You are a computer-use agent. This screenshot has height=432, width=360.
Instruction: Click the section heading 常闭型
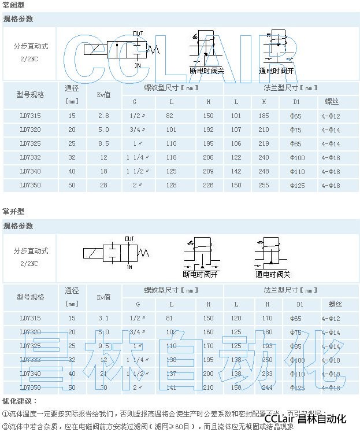pyautogui.click(x=13, y=5)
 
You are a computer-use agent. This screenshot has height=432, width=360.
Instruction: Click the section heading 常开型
pyautogui.click(x=13, y=212)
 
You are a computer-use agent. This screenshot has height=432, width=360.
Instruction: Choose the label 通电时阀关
pyautogui.click(x=273, y=275)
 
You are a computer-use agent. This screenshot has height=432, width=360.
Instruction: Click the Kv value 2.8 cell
pyautogui.click(x=103, y=116)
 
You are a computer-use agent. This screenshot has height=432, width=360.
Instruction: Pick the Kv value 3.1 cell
pyautogui.click(x=103, y=318)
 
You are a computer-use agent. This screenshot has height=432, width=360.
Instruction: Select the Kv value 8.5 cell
pyautogui.click(x=103, y=143)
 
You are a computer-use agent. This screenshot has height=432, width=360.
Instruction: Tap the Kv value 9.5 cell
pyautogui.click(x=103, y=346)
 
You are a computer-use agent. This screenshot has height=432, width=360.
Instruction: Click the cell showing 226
pyautogui.click(x=209, y=186)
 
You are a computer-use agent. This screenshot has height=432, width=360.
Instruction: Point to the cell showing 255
pyautogui.click(x=264, y=186)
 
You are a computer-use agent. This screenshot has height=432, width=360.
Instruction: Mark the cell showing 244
pyautogui.click(x=266, y=387)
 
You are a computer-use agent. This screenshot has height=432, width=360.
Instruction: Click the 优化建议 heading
pyautogui.click(x=19, y=401)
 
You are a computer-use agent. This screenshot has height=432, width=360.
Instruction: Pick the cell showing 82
pyautogui.click(x=169, y=116)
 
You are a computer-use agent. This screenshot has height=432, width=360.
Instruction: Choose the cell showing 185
pyautogui.click(x=264, y=116)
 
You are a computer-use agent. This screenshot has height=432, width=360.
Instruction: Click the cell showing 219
pyautogui.click(x=264, y=143)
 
